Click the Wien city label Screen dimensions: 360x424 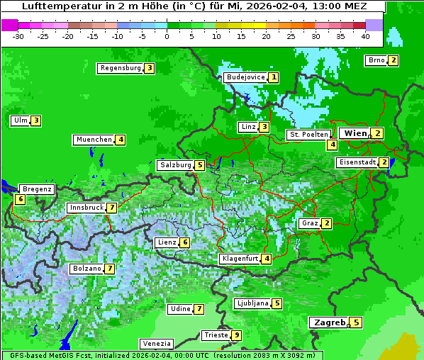[x=355, y=133]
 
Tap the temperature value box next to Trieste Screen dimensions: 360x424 [x=237, y=335]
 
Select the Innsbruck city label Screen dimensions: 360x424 [x=86, y=208]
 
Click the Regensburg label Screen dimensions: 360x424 [x=121, y=68]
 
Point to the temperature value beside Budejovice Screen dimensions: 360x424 [x=274, y=77]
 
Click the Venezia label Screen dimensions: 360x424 [x=156, y=344]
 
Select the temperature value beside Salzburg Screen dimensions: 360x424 [x=200, y=165]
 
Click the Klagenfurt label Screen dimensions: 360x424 [x=240, y=259]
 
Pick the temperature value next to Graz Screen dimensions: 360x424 [x=326, y=223]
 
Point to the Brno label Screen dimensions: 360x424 [x=376, y=60]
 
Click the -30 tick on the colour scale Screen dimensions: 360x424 [x=18, y=36]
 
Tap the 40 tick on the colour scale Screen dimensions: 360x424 [x=365, y=36]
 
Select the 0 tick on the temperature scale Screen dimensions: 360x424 [x=167, y=36]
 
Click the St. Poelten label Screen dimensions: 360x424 [x=309, y=134]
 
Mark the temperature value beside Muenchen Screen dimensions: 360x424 [x=121, y=140]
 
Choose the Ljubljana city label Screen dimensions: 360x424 [x=252, y=303]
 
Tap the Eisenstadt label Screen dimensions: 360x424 [x=357, y=162]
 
